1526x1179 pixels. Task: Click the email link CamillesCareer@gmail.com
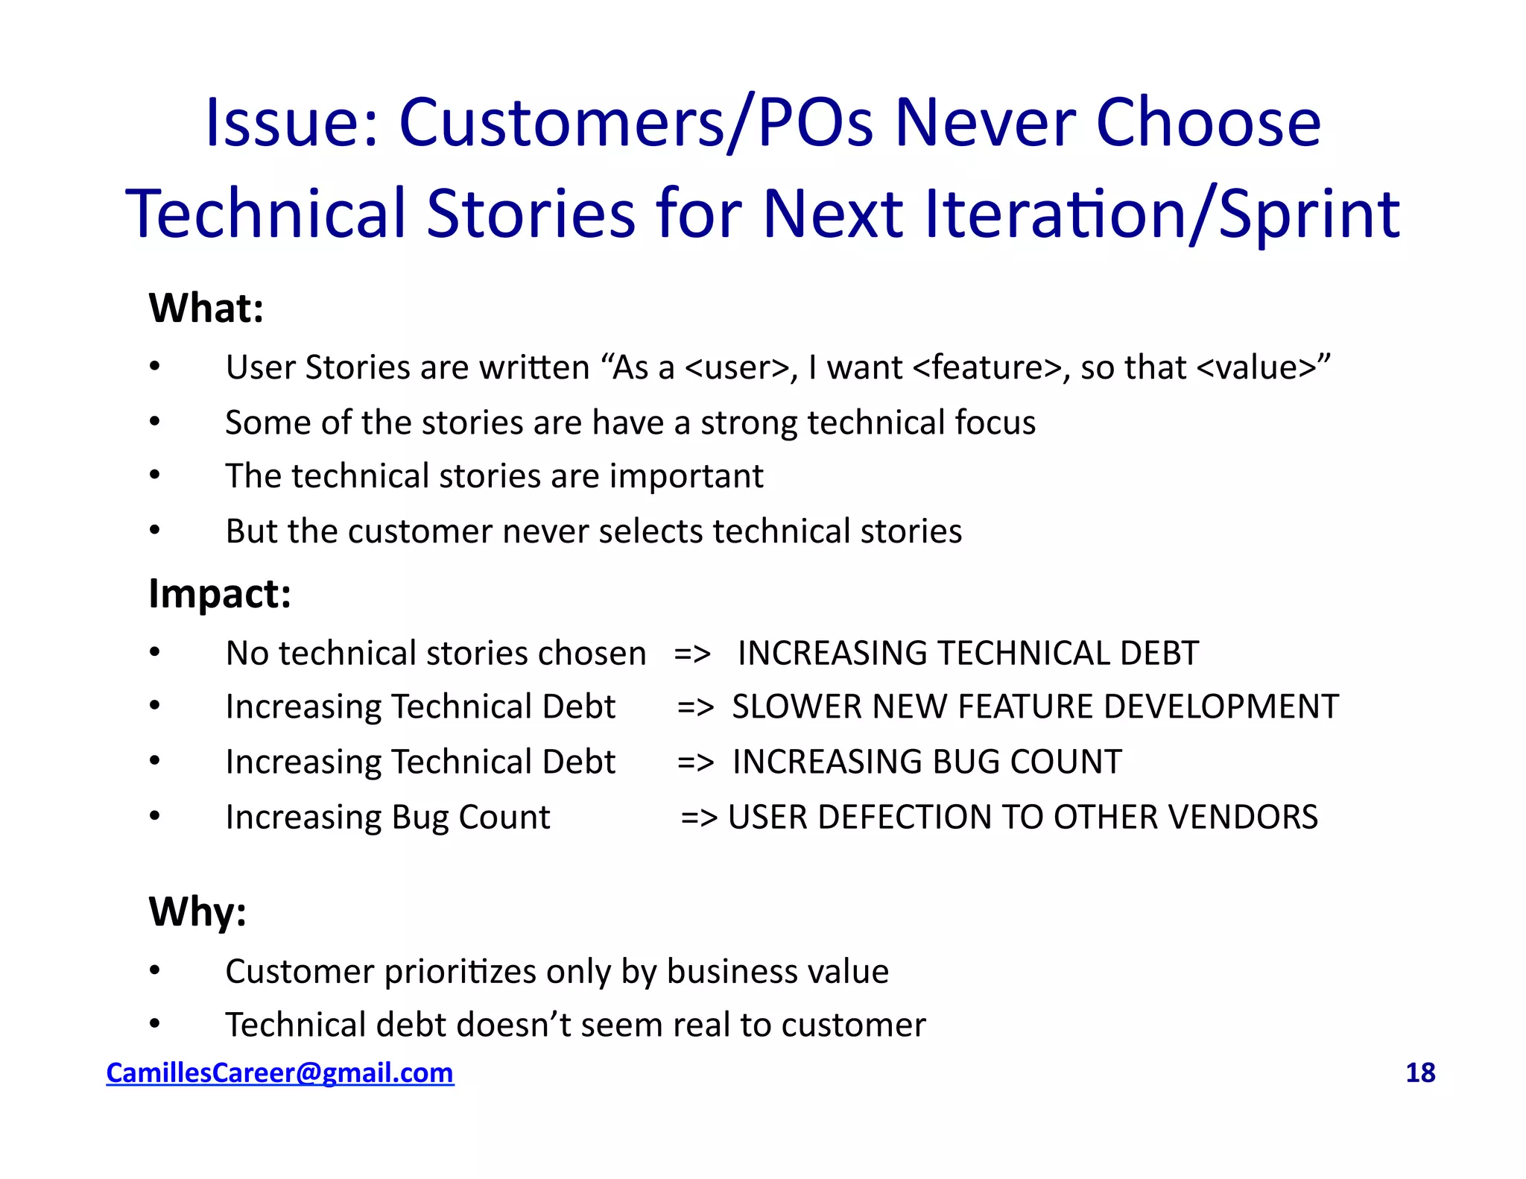coord(279,1072)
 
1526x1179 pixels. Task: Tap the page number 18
coord(1419,1072)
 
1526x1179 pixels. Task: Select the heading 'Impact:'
coord(220,594)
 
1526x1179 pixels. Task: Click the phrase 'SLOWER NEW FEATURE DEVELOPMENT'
coord(1035,707)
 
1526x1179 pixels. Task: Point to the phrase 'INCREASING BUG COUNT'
coord(927,762)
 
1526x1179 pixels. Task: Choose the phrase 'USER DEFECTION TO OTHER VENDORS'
coord(1022,817)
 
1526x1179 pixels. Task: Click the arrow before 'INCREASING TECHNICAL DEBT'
coord(692,654)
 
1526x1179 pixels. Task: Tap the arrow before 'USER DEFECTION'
coord(699,818)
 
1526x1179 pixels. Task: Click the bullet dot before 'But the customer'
coord(155,530)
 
